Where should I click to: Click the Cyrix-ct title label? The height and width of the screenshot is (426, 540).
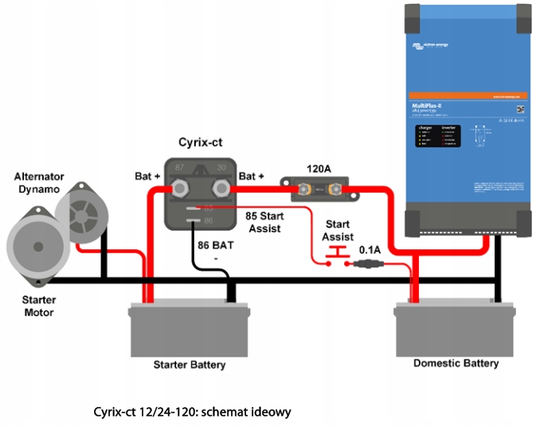pyautogui.click(x=199, y=142)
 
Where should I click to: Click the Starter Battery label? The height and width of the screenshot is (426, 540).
pyautogui.click(x=189, y=365)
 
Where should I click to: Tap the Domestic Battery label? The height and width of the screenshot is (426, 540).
pyautogui.click(x=456, y=363)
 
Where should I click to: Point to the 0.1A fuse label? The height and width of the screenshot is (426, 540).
pyautogui.click(x=369, y=250)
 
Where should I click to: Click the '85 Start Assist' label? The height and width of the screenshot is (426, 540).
pyautogui.click(x=265, y=222)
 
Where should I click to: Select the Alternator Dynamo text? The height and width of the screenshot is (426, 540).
pyautogui.click(x=39, y=182)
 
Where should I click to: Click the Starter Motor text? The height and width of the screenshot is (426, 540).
pyautogui.click(x=37, y=307)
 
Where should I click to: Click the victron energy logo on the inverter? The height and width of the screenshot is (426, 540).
pyautogui.click(x=430, y=45)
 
